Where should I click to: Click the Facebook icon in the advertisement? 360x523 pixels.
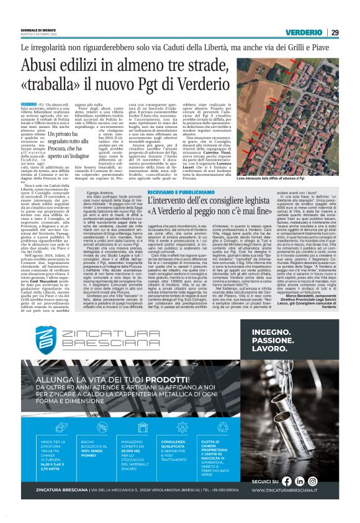point(303,498)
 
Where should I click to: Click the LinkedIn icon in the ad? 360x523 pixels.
point(317,498)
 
